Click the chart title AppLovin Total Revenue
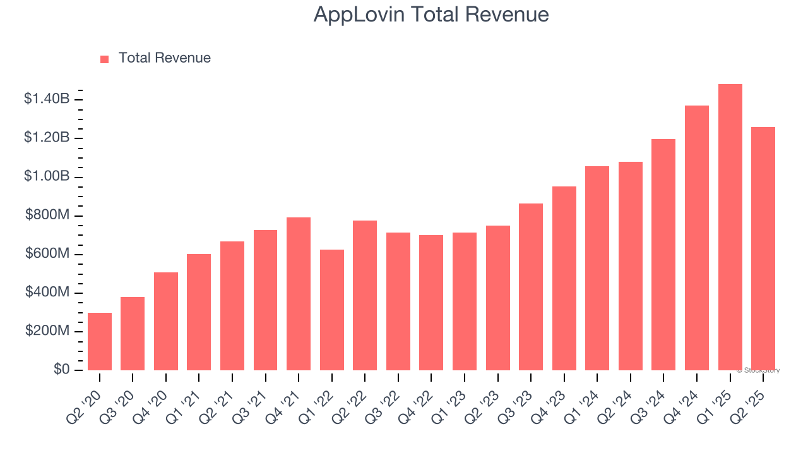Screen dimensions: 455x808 [x=431, y=15]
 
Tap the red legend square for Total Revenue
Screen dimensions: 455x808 [x=105, y=59]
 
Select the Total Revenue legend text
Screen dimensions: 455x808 [x=164, y=58]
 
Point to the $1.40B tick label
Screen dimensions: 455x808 [x=47, y=99]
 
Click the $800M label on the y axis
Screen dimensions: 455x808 [x=47, y=215]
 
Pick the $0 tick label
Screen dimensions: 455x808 [x=61, y=369]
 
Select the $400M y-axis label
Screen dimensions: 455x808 [x=47, y=292]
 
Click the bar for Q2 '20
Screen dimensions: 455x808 [x=100, y=341]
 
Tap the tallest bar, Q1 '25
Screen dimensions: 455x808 [x=730, y=227]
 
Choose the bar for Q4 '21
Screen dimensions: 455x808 [x=299, y=294]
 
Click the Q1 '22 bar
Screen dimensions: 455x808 [x=332, y=310]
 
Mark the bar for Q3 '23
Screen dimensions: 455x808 [x=531, y=287]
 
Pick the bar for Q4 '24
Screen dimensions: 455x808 [x=697, y=238]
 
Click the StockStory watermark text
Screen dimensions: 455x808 [x=758, y=370]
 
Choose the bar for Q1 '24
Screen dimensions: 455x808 [x=597, y=268]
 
